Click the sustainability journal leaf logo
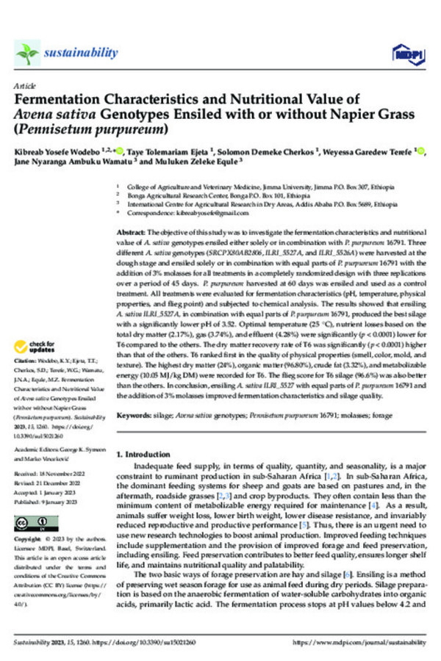[x=26, y=53]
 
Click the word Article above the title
[x=24, y=86]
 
